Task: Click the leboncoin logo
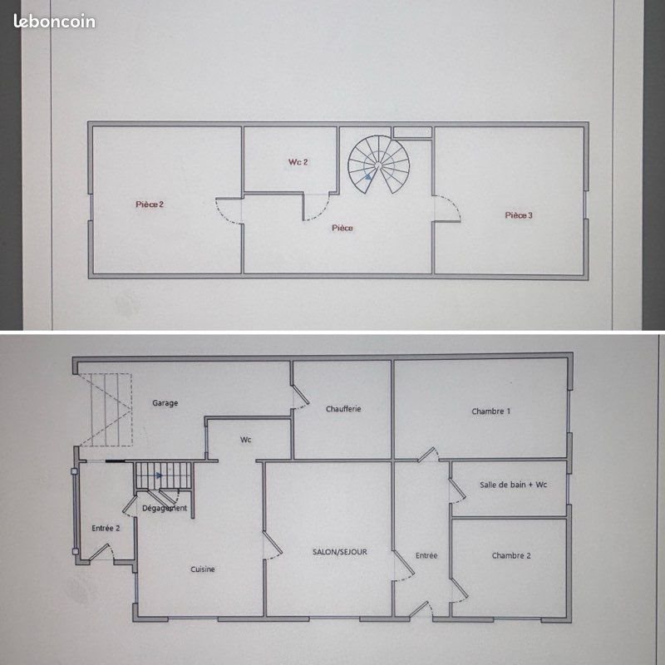(55, 22)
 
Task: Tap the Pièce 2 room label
(150, 204)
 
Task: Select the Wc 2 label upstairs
(298, 162)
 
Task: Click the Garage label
(165, 403)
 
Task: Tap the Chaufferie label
(343, 408)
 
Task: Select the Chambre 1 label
(490, 411)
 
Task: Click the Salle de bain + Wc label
(513, 485)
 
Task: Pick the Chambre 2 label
(511, 555)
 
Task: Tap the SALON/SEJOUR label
(340, 552)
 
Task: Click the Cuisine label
(203, 569)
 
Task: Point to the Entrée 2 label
(106, 528)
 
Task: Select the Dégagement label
(165, 508)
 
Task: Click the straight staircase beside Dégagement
(164, 477)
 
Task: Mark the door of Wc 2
(318, 206)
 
